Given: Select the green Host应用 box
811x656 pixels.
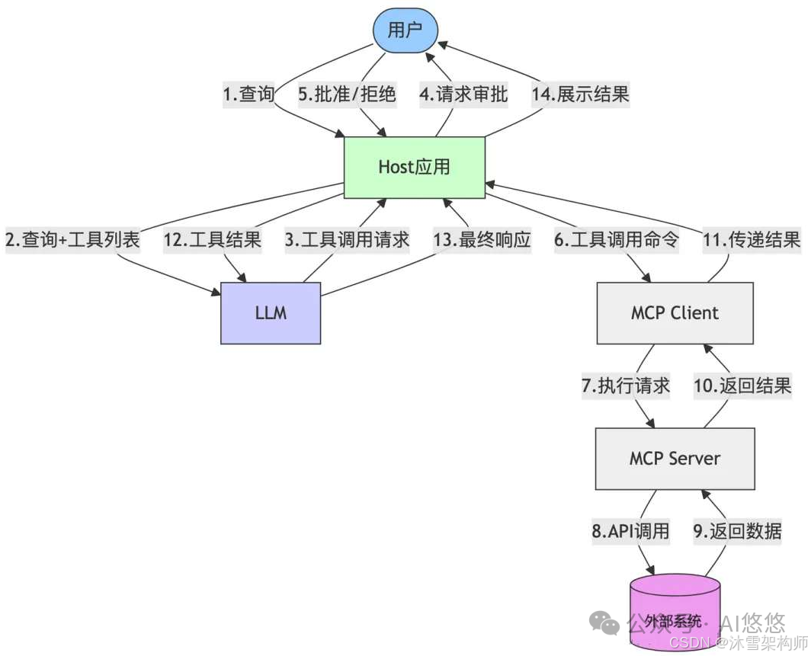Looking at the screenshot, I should pyautogui.click(x=414, y=168).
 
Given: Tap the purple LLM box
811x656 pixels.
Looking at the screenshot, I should pyautogui.click(x=271, y=312).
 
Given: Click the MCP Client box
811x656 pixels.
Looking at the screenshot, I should pyautogui.click(x=675, y=312).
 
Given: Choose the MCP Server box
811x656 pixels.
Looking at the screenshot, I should pyautogui.click(x=675, y=458).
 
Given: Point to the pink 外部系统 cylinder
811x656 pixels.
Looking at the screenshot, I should pyautogui.click(x=674, y=613).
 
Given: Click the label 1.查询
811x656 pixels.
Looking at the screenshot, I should pyautogui.click(x=248, y=94).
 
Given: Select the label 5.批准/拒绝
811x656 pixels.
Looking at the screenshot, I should pyautogui.click(x=347, y=94).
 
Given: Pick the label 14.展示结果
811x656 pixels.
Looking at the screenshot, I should pyautogui.click(x=582, y=94).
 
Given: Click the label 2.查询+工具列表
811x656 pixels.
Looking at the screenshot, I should pyautogui.click(x=73, y=240).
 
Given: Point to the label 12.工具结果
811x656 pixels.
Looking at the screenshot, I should pyautogui.click(x=213, y=240).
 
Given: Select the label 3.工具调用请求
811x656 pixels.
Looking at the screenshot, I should pyautogui.click(x=347, y=240).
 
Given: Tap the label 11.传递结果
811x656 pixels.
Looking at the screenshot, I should pyautogui.click(x=751, y=240).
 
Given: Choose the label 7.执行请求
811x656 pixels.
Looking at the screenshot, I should pyautogui.click(x=626, y=386).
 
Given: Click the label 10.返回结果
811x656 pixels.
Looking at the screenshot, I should pyautogui.click(x=742, y=386).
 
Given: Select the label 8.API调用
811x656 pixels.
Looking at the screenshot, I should pyautogui.click(x=630, y=530).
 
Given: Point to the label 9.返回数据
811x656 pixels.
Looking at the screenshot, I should pyautogui.click(x=737, y=530).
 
